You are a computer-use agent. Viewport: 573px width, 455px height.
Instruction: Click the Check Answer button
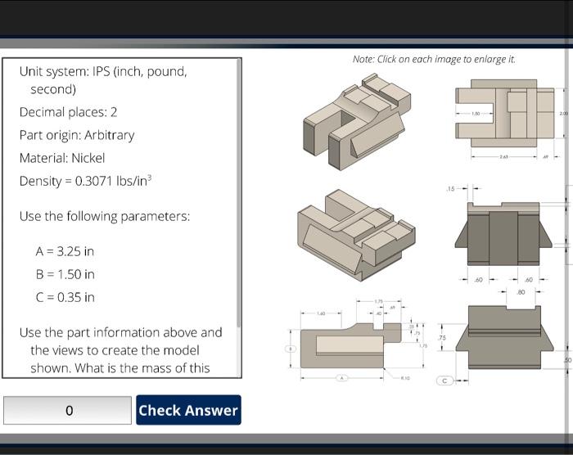tap(188, 410)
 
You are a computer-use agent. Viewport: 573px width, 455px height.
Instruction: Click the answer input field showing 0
tap(68, 410)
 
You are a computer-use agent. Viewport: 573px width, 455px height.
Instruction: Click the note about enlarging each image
tap(434, 59)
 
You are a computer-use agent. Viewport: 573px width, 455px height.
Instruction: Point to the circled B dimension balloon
tap(288, 348)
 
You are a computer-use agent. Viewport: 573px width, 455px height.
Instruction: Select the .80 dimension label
tap(521, 291)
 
